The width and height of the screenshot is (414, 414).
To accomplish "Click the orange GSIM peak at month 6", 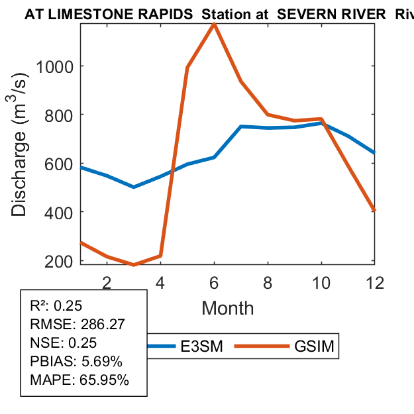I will coord(214,25).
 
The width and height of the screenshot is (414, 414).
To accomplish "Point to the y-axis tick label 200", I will coord(60,261).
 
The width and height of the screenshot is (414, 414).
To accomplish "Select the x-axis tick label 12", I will coord(375,282).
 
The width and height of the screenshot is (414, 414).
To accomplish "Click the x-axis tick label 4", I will coord(160,282).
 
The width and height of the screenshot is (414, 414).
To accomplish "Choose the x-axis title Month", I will coord(227,308).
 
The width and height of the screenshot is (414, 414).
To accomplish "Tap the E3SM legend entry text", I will coord(201,346).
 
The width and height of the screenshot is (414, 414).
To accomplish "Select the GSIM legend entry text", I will coord(315,346).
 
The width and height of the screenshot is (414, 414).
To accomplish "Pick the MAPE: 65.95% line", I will coord(79,380).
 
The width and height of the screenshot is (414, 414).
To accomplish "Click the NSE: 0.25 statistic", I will coord(64,343).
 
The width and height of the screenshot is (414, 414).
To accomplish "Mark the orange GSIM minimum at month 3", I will coord(134,265).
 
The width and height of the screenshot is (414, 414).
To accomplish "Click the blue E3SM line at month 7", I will coord(241,127).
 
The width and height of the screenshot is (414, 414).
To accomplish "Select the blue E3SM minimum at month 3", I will coord(134,187).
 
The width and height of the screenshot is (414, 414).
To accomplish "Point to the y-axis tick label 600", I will coord(60,164).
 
